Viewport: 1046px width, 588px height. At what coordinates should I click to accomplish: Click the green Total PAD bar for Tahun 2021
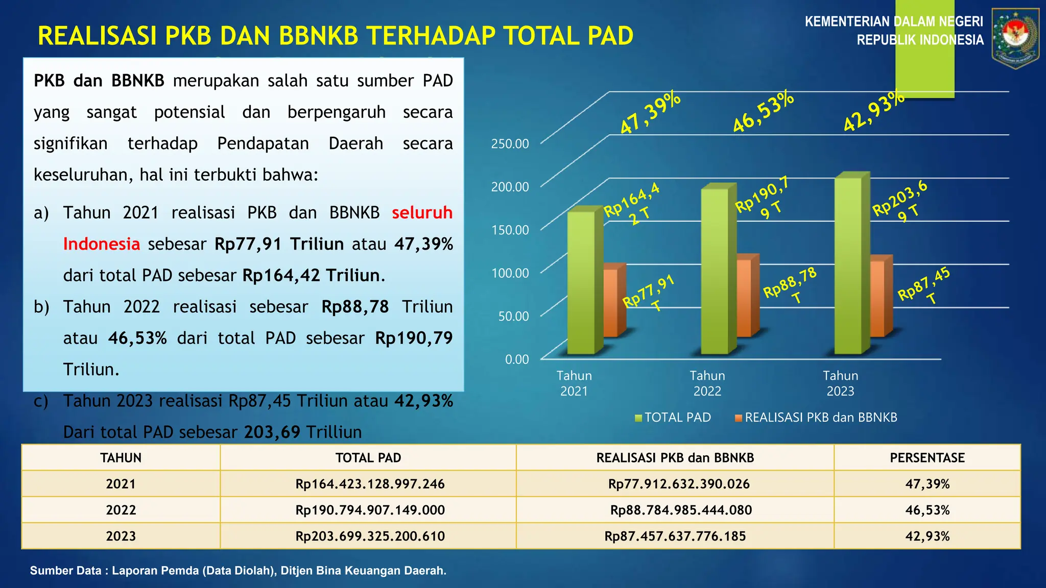(581, 283)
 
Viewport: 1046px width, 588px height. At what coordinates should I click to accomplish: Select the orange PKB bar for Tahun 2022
(744, 299)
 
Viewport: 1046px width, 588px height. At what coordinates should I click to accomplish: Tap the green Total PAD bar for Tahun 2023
(848, 265)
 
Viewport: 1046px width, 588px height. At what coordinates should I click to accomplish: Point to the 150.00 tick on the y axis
(510, 230)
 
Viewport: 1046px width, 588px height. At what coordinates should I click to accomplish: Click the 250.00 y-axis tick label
(510, 144)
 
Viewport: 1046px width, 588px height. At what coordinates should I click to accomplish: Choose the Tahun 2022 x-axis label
(707, 383)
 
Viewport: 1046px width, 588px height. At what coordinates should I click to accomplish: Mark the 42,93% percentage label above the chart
(873, 111)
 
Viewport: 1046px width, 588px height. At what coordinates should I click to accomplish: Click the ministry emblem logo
(1015, 38)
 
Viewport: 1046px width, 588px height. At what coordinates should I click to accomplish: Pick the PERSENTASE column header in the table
(927, 458)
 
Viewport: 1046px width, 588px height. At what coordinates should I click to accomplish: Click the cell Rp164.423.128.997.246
(370, 484)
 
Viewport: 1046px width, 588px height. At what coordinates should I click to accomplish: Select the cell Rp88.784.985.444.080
(681, 510)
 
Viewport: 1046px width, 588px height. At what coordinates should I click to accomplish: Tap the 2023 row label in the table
(121, 536)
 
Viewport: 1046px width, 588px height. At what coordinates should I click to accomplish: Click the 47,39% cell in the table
(927, 484)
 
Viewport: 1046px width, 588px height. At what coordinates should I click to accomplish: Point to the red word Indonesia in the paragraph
(102, 244)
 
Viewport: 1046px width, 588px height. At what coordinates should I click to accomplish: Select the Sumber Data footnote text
(238, 571)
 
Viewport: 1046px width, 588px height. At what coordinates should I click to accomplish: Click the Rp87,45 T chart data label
(924, 286)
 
